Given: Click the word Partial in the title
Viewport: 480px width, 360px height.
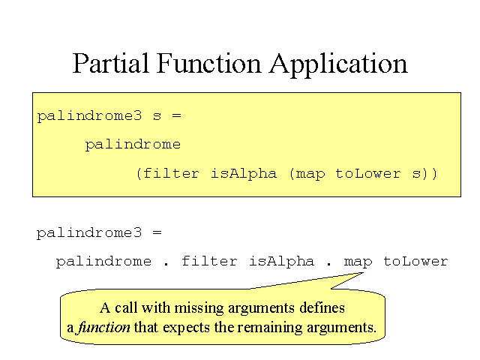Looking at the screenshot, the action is pyautogui.click(x=110, y=63).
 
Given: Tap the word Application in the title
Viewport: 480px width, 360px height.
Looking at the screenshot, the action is pyautogui.click(x=338, y=65).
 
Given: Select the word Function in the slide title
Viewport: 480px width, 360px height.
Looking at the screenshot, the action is pyautogui.click(x=208, y=63).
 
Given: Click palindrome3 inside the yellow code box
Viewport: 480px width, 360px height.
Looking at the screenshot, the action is pyautogui.click(x=89, y=116).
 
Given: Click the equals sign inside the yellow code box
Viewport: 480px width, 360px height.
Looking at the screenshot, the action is pyautogui.click(x=176, y=115).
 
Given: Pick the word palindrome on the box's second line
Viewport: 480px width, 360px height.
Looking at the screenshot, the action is pyautogui.click(x=133, y=145).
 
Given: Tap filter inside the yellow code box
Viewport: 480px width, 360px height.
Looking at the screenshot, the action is pyautogui.click(x=172, y=173).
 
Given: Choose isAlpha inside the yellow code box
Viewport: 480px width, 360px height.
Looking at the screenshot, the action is pyautogui.click(x=244, y=173).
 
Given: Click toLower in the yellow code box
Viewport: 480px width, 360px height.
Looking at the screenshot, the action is pyautogui.click(x=368, y=173).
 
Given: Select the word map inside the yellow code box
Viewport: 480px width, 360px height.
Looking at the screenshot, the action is pyautogui.click(x=310, y=175).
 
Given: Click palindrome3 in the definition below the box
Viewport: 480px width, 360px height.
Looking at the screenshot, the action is pyautogui.click(x=89, y=233).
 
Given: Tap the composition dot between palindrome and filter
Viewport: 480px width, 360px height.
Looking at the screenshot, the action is pyautogui.click(x=166, y=265).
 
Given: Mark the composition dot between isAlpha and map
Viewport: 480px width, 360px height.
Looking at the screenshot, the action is pyautogui.click(x=329, y=265).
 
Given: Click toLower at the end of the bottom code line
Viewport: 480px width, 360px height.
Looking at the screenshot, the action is pyautogui.click(x=415, y=261).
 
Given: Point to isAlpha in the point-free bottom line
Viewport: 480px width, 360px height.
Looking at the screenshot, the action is pyautogui.click(x=282, y=262).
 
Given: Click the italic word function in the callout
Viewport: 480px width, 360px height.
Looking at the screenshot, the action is pyautogui.click(x=103, y=328).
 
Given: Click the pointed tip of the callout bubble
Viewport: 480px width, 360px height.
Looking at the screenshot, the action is pyautogui.click(x=363, y=273).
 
